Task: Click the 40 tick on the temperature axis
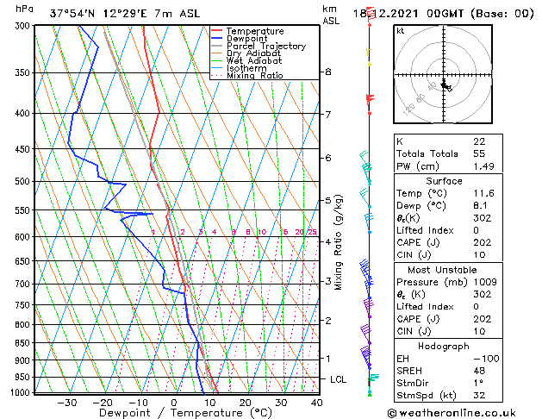317,403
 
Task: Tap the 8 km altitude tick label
328,72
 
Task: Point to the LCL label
340,379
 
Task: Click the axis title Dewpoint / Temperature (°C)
173,414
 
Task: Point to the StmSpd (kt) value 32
479,396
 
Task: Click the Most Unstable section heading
444,269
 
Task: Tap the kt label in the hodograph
400,30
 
